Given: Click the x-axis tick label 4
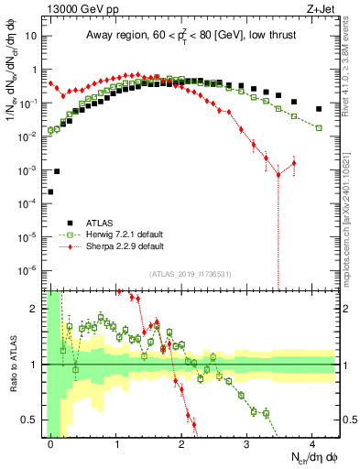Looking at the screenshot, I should coord(312,443).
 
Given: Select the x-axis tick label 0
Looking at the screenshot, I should coord(51,443).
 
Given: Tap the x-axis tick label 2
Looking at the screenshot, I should coord(182,443).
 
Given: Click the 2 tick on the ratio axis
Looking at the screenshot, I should coord(38,309).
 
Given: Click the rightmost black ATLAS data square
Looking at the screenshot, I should coord(319,109).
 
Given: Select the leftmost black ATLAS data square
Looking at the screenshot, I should coord(50,192).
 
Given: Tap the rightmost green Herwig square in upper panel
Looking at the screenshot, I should coord(319,127).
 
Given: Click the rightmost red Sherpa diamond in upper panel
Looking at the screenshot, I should coord(294,163).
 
